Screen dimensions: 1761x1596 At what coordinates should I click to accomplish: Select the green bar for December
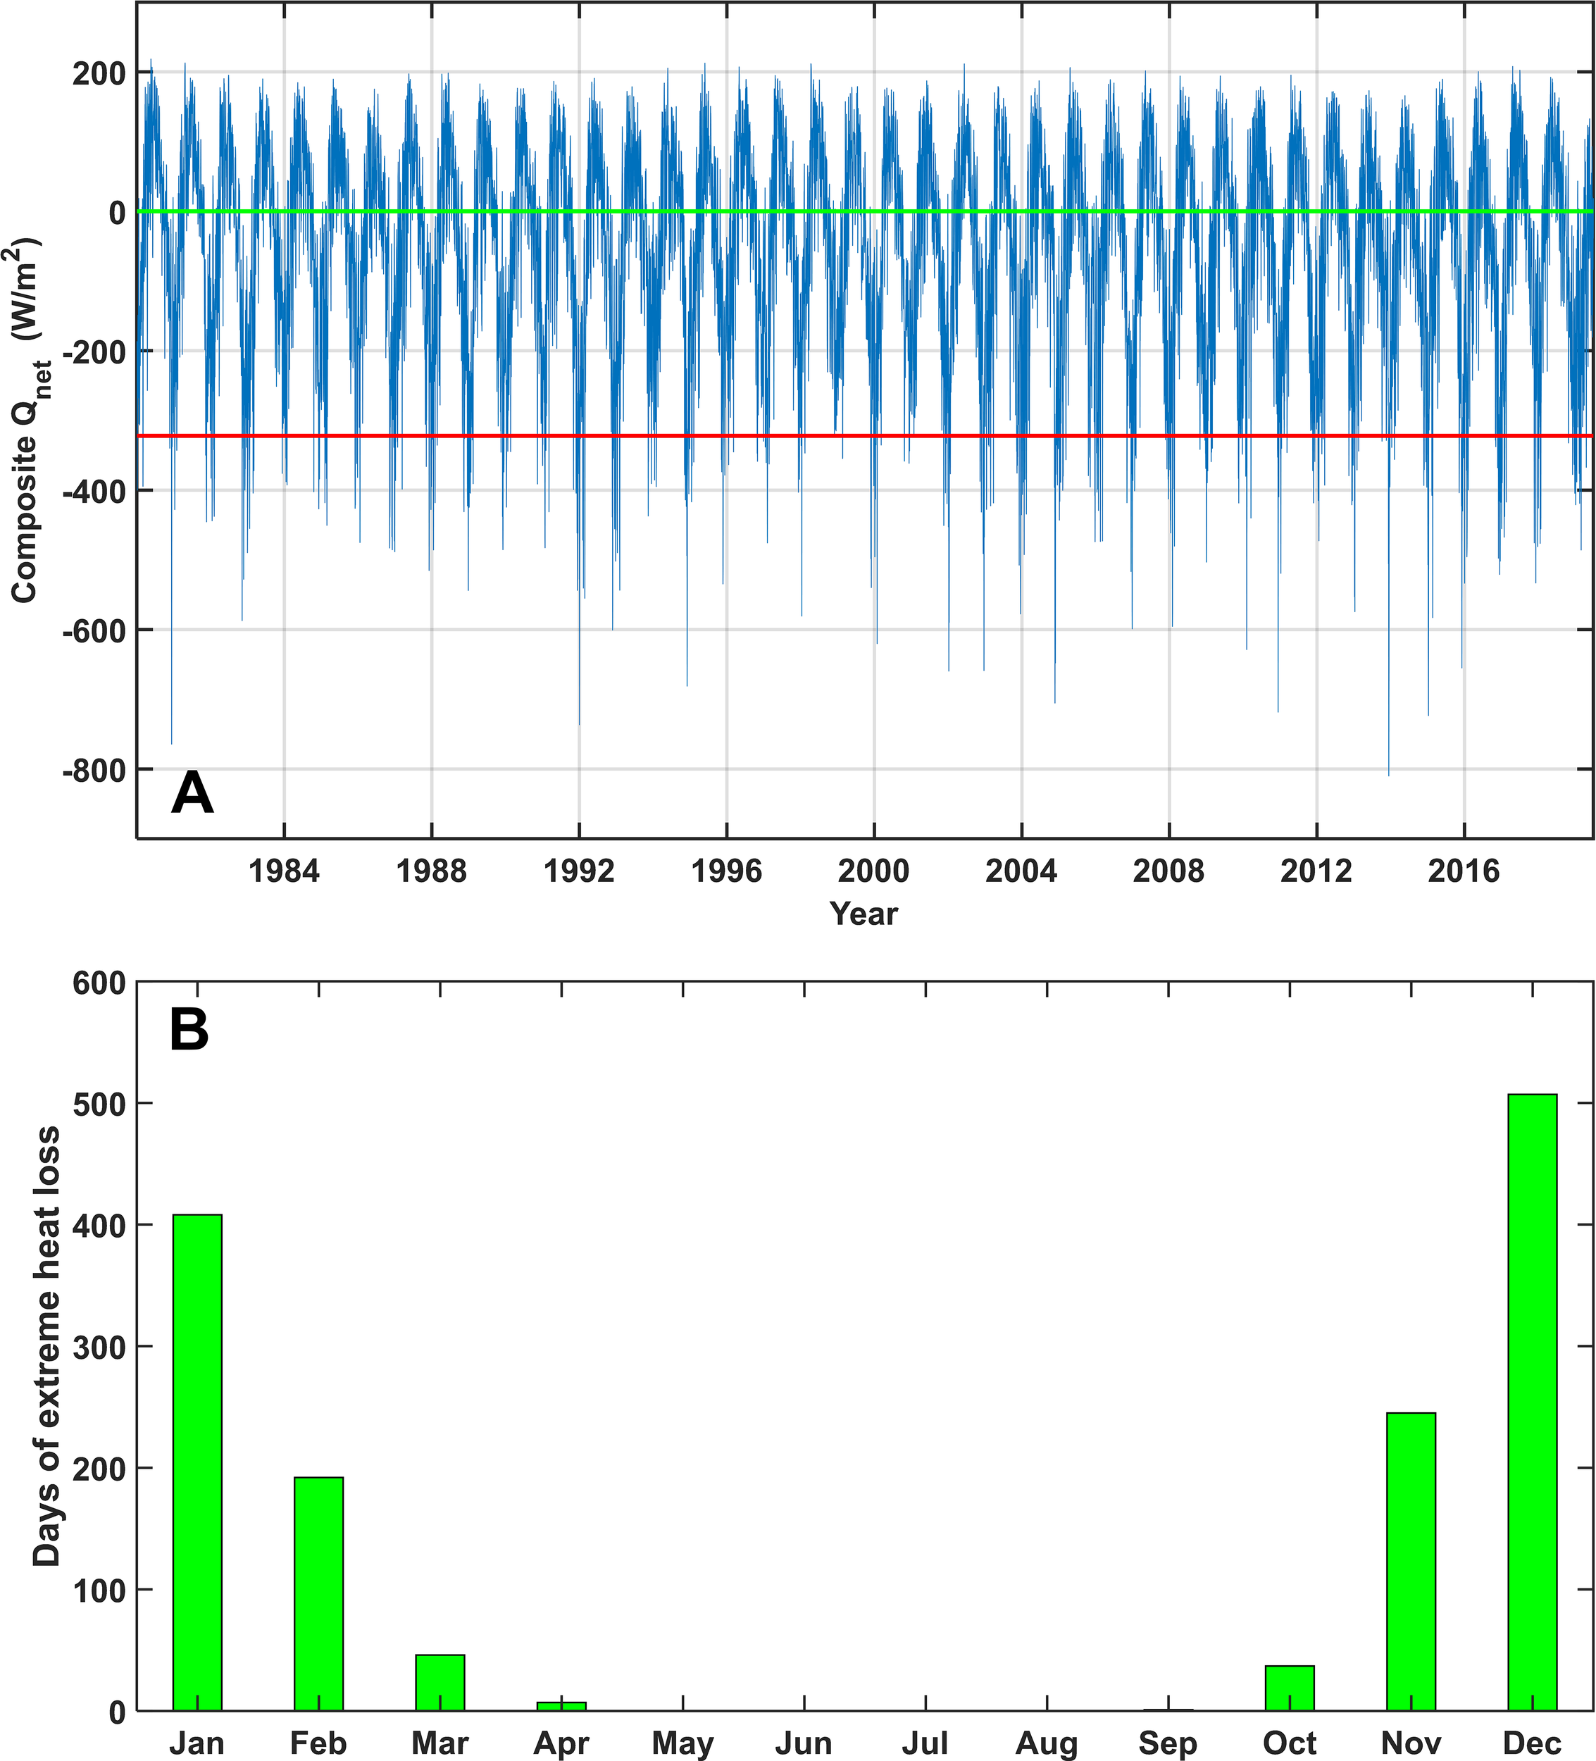[1532, 1402]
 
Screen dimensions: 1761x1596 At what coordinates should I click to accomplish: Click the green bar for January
[197, 1462]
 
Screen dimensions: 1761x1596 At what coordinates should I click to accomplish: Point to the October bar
[1290, 1688]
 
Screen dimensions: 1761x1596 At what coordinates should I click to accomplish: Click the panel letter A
[192, 793]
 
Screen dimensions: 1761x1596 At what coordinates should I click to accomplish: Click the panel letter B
[189, 1030]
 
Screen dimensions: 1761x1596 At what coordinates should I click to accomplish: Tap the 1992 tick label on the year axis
[578, 871]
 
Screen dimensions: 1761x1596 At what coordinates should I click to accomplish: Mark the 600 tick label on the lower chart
[99, 983]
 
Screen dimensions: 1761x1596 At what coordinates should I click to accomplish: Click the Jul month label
[925, 1743]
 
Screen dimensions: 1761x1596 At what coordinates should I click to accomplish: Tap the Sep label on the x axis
[1168, 1743]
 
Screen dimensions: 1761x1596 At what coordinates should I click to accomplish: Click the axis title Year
[864, 914]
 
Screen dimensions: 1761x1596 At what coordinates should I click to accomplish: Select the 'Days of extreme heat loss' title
[47, 1346]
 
